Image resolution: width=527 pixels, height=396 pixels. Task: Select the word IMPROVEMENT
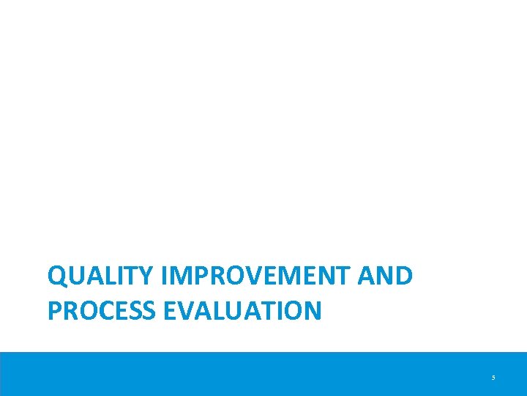[x=256, y=276]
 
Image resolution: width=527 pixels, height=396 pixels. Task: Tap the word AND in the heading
[x=386, y=276]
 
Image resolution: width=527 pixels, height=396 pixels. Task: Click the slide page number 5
[x=493, y=378]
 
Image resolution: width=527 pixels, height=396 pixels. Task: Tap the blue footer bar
[x=263, y=374]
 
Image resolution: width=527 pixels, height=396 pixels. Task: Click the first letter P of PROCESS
[x=53, y=310]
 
